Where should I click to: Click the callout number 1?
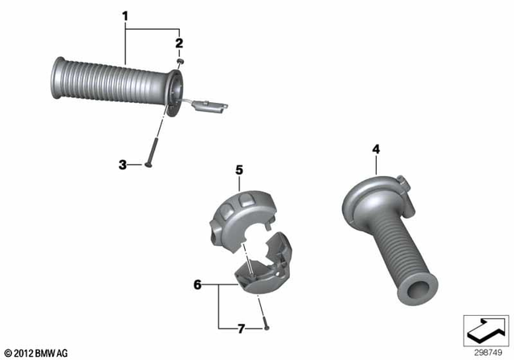tap(125, 14)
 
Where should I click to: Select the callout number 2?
tap(179, 42)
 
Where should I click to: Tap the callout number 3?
tap(123, 165)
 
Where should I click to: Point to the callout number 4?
tap(376, 149)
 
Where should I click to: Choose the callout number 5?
tap(239, 170)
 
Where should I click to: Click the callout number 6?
tap(198, 284)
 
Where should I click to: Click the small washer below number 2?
tap(182, 61)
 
